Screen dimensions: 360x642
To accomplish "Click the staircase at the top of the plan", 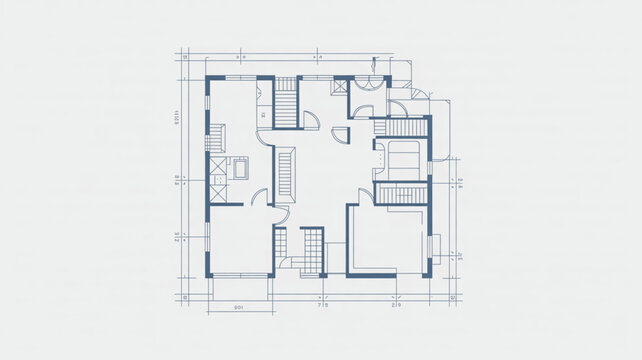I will click(287, 103).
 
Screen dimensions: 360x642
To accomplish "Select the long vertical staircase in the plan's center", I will click(285, 173).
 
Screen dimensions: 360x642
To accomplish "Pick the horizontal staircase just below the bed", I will click(402, 194).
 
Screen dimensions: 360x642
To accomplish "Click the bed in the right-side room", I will click(403, 158).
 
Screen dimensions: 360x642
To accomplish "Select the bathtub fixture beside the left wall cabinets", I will click(241, 168).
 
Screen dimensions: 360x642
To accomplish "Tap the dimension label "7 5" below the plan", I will click(322, 306).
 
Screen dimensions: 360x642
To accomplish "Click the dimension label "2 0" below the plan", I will click(396, 306).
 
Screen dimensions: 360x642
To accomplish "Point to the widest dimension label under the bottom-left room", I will click(239, 306).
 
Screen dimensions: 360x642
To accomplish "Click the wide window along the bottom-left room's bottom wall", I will click(241, 275).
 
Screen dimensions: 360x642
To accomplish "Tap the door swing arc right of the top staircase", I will click(311, 120).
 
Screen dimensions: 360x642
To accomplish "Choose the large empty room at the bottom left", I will click(238, 240).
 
